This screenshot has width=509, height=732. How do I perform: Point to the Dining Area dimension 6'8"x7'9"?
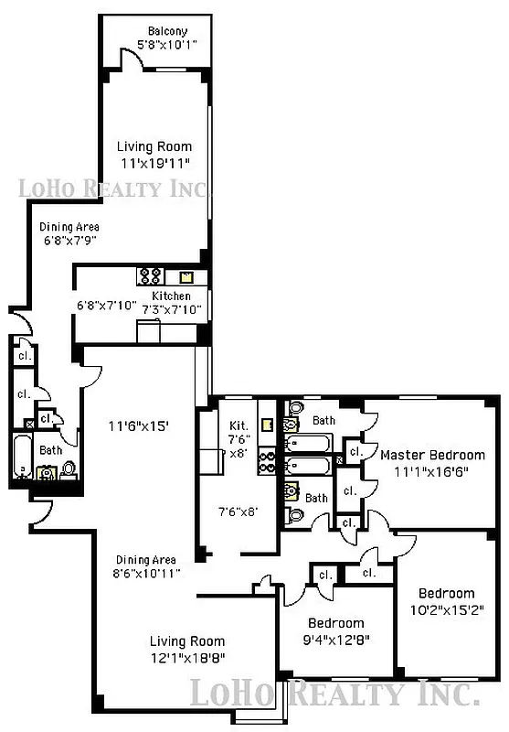click(69, 240)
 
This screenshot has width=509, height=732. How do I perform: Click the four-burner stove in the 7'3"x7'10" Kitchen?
click(151, 275)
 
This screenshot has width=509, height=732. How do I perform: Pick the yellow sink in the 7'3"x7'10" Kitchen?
click(186, 276)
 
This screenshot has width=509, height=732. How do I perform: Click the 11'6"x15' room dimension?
click(139, 425)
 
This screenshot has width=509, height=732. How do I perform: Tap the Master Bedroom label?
click(432, 455)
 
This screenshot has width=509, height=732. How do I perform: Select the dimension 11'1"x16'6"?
click(432, 472)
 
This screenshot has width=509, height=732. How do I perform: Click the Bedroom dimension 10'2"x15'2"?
click(447, 609)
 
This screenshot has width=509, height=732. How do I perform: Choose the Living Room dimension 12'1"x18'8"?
click(187, 658)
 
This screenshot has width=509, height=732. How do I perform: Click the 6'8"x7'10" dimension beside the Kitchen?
click(106, 305)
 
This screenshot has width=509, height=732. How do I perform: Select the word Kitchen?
click(171, 296)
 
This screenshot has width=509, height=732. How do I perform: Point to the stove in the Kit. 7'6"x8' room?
click(267, 462)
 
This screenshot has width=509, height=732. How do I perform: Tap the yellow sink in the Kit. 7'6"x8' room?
click(267, 425)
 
